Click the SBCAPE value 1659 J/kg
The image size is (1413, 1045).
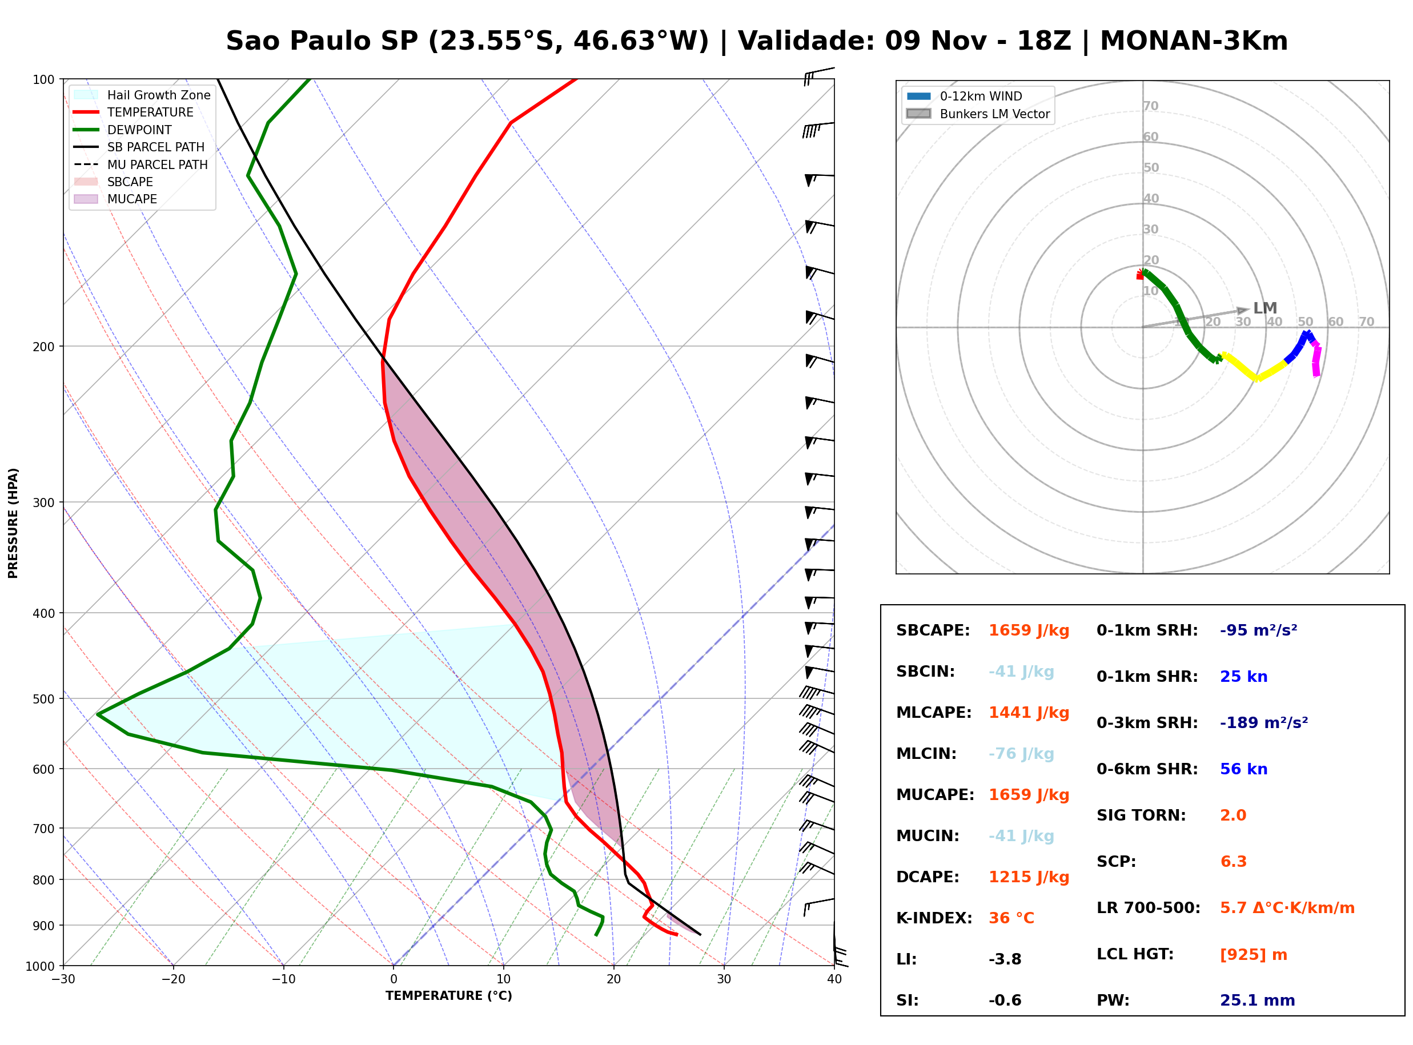pyautogui.click(x=1029, y=630)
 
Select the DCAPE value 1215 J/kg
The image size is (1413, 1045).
pyautogui.click(x=1029, y=877)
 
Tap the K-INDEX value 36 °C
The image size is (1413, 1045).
pyautogui.click(x=1011, y=918)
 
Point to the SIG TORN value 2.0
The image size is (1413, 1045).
pyautogui.click(x=1233, y=815)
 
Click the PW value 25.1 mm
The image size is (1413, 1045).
pyautogui.click(x=1258, y=1000)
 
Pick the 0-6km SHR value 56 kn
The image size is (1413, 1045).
pyautogui.click(x=1243, y=769)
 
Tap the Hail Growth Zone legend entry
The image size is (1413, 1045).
pyautogui.click(x=142, y=95)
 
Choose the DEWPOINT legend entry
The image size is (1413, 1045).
pyautogui.click(x=123, y=130)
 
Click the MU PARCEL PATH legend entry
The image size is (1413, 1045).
pyautogui.click(x=141, y=164)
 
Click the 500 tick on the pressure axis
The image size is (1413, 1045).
pyautogui.click(x=43, y=699)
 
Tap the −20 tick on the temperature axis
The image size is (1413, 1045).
pyautogui.click(x=172, y=979)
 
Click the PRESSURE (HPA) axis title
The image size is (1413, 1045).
pyautogui.click(x=13, y=523)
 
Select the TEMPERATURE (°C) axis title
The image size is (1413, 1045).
pyautogui.click(x=448, y=996)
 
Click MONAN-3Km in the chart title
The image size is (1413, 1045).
pyautogui.click(x=1194, y=41)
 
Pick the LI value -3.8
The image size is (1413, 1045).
pyautogui.click(x=1005, y=959)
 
